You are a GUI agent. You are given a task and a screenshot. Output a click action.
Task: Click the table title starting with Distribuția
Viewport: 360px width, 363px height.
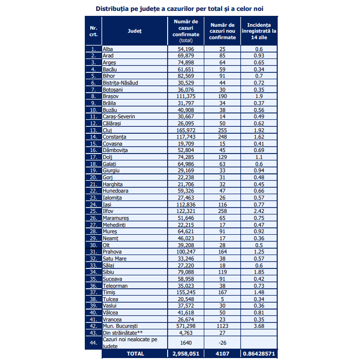(180, 9)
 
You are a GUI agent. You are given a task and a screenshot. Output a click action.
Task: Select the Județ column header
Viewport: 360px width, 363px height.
(134, 31)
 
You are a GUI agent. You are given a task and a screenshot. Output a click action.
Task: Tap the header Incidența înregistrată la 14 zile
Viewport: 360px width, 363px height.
(259, 31)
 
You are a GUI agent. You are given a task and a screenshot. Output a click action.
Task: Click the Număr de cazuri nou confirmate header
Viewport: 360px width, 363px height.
(222, 31)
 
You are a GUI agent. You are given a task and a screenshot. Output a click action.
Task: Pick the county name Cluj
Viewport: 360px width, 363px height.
(107, 130)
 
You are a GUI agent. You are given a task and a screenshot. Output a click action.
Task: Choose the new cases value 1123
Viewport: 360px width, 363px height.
(222, 326)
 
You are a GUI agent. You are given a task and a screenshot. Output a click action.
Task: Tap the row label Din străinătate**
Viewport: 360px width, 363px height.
(122, 333)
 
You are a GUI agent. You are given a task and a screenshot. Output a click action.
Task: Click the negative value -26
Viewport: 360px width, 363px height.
(222, 342)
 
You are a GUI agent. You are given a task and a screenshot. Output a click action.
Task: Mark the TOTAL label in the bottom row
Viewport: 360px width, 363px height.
(135, 354)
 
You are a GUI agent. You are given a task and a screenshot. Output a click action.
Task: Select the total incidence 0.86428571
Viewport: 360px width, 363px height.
(259, 354)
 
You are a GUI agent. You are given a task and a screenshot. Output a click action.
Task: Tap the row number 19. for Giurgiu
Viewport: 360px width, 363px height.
(93, 170)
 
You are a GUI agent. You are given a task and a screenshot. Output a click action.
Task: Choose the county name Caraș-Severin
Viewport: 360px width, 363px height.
(119, 117)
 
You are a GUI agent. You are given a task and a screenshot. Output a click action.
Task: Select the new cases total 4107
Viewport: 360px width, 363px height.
(222, 354)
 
